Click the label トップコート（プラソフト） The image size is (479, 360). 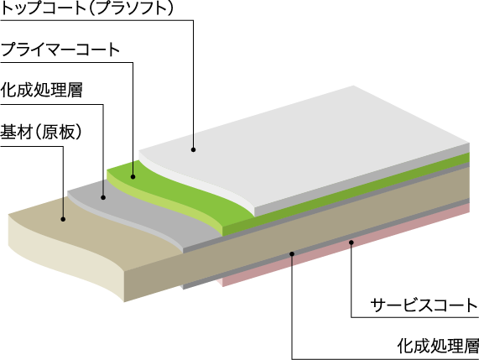click(x=87, y=8)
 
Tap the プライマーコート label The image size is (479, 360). click(x=60, y=50)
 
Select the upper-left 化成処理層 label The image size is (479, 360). click(x=41, y=90)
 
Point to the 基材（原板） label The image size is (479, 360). click(x=41, y=132)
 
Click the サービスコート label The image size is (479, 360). click(x=424, y=305)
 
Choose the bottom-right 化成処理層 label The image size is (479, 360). click(x=438, y=346)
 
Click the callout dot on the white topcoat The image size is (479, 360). click(x=193, y=149)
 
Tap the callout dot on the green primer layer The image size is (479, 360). click(x=133, y=176)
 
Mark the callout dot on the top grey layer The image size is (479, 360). click(x=103, y=198)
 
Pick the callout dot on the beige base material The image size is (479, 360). click(x=63, y=219)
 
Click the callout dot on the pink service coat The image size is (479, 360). click(x=351, y=243)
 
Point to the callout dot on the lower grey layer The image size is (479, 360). click(x=292, y=253)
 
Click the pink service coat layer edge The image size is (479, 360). click(x=345, y=247)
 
